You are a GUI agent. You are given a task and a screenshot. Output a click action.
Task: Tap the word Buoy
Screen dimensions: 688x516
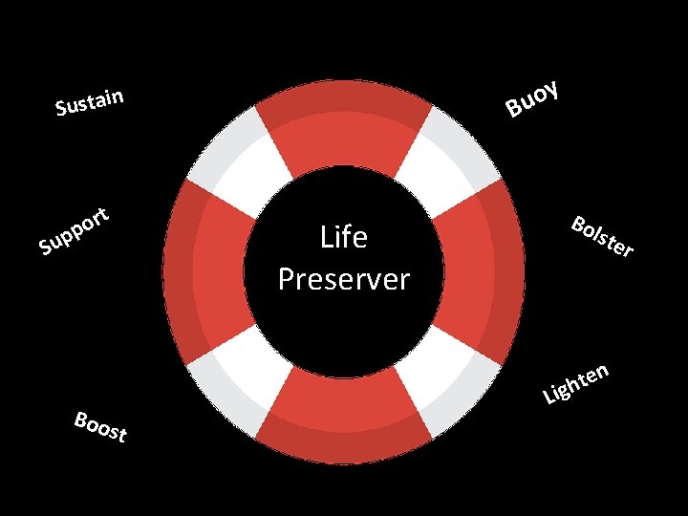(531, 99)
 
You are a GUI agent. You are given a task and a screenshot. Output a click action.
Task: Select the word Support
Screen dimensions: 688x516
(77, 232)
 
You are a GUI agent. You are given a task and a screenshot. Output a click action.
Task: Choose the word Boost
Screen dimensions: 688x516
(100, 426)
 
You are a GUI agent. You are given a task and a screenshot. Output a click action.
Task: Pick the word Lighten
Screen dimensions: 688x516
(575, 382)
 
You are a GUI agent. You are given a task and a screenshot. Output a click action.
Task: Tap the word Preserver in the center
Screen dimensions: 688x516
(344, 279)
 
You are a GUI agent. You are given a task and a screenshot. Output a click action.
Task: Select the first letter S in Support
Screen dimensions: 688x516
(45, 250)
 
